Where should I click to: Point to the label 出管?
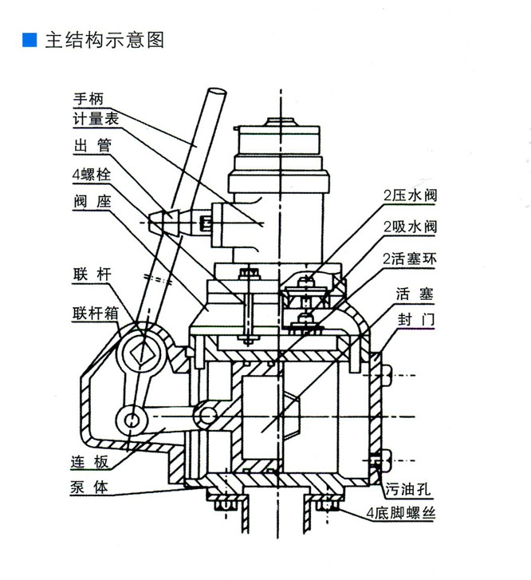tap(89, 146)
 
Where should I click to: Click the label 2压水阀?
tap(411, 195)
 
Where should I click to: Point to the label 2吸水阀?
tap(411, 227)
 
